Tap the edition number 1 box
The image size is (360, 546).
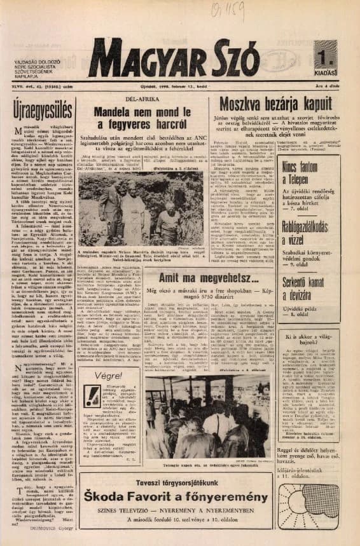click(325, 56)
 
